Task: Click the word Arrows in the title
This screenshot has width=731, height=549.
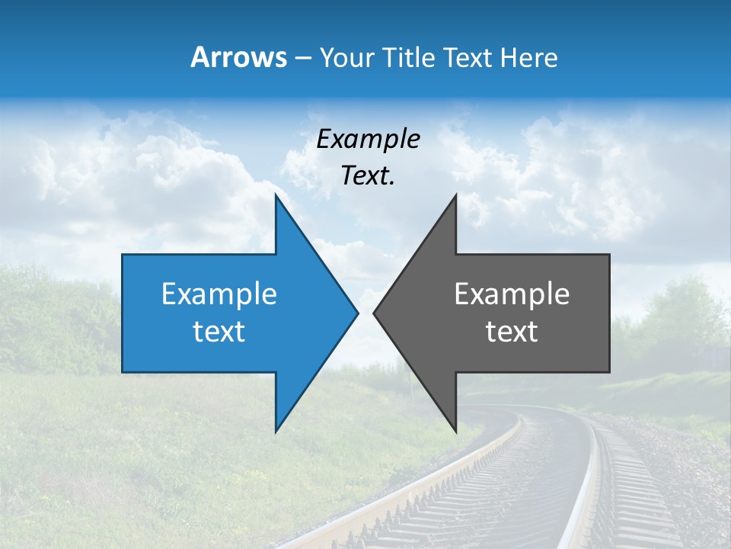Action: tap(239, 57)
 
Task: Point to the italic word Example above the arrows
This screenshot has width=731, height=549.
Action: tap(368, 140)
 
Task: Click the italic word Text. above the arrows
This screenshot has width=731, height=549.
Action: tap(368, 176)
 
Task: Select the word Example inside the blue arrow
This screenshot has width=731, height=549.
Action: tap(219, 294)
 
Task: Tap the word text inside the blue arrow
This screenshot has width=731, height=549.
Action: tap(219, 332)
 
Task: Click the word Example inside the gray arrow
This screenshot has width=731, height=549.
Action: tap(512, 294)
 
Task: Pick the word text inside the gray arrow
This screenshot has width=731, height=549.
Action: tap(512, 332)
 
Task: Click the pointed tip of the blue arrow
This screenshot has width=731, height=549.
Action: tap(357, 313)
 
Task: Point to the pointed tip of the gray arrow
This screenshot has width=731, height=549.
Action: tap(375, 313)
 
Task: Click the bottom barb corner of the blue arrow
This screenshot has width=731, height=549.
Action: tap(276, 431)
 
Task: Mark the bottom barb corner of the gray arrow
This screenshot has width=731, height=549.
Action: tap(455, 431)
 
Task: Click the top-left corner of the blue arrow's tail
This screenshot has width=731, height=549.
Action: tap(123, 255)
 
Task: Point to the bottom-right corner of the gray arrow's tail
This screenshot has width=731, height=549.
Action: tap(608, 371)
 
